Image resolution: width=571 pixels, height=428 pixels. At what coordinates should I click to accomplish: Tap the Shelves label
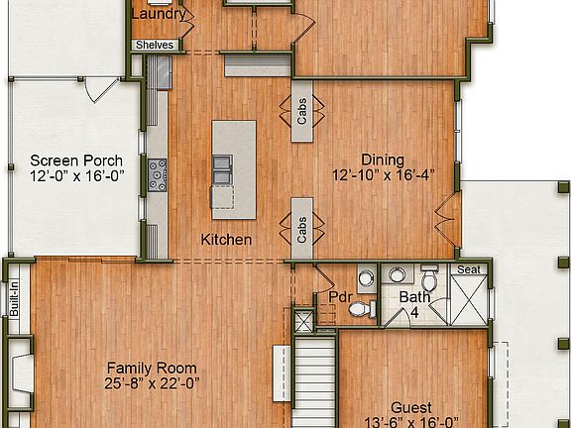click(x=155, y=45)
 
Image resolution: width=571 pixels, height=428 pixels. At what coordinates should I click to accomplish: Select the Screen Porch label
click(x=76, y=160)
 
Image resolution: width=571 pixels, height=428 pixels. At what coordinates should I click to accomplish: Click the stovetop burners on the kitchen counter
click(x=158, y=176)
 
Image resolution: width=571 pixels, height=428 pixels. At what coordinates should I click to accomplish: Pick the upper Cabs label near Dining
click(x=301, y=112)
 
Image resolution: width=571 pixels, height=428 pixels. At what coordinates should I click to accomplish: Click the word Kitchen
click(x=226, y=240)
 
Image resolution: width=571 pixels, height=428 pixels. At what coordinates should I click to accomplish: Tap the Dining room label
click(x=382, y=160)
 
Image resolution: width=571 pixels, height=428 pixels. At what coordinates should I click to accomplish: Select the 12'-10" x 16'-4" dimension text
click(x=383, y=175)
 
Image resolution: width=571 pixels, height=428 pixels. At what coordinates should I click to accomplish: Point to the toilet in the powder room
click(x=362, y=310)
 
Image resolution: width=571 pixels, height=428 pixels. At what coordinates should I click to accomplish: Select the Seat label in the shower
click(x=468, y=269)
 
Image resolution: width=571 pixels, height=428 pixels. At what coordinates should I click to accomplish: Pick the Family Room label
click(x=152, y=368)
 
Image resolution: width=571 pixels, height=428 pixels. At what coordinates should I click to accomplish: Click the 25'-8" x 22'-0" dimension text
click(x=152, y=383)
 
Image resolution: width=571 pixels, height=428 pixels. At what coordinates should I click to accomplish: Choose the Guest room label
click(x=410, y=407)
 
